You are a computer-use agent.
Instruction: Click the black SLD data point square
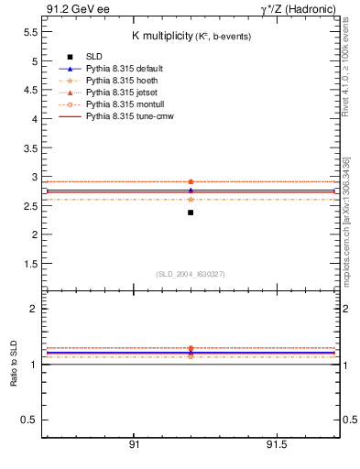pos(191,213)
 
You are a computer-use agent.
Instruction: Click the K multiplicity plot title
pos(191,35)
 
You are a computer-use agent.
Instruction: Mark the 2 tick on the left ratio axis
pos(33,310)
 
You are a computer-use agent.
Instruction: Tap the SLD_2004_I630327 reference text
pos(191,274)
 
